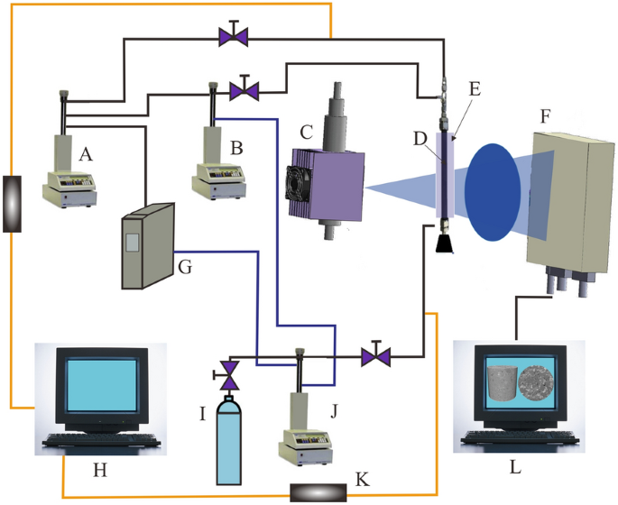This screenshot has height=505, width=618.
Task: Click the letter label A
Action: (87, 155)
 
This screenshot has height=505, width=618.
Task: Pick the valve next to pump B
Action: (244, 90)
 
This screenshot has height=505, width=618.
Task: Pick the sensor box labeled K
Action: (318, 492)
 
